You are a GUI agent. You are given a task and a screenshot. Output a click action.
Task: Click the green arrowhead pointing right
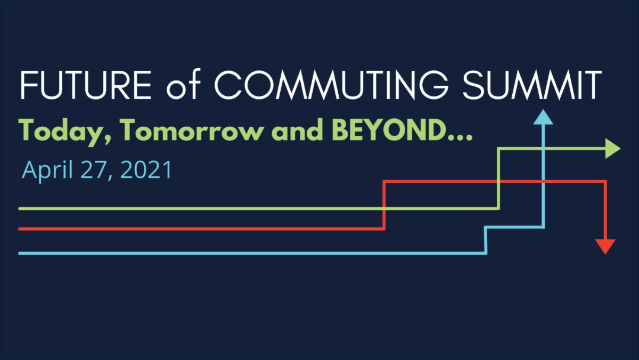[x=612, y=150]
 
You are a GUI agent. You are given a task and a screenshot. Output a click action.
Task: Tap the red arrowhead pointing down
[x=605, y=247]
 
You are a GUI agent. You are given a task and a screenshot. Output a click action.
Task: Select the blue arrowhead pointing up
[x=543, y=117]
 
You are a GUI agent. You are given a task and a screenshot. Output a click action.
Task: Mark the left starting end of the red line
[x=20, y=229]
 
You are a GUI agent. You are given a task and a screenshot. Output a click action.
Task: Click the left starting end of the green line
[x=20, y=208]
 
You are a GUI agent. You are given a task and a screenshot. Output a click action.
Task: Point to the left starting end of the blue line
[x=20, y=253]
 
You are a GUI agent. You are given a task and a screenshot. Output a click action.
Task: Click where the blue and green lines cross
[x=543, y=150]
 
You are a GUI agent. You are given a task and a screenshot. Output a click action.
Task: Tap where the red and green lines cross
[x=498, y=182]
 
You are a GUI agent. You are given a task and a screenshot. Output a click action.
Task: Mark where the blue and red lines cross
[x=543, y=182]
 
